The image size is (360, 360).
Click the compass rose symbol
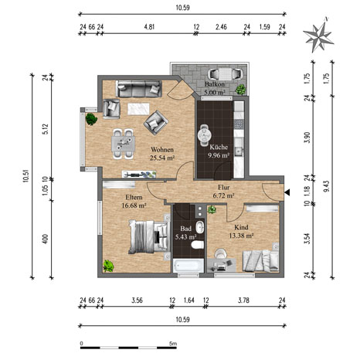coord(318,36)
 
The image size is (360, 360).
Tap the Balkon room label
coord(215,84)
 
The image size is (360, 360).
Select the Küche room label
coord(219,147)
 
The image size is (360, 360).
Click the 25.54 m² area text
coord(162,158)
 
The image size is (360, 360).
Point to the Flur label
coord(223,187)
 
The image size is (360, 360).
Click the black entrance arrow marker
coord(287,192)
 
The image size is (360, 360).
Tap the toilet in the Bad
coord(198,245)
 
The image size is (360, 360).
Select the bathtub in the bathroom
coord(188,266)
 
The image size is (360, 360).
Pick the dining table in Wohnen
coord(123,144)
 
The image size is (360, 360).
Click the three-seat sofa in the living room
coord(139,89)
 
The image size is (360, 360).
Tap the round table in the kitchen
coord(205,134)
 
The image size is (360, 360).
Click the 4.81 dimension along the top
coord(149,27)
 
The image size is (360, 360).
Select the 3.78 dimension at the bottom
coord(243,301)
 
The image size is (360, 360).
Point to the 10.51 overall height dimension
coord(25,177)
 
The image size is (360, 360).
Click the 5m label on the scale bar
coord(173,344)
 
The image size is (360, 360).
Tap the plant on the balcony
coord(240,90)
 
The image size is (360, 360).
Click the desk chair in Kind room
coord(221,253)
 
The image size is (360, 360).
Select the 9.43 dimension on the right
coord(327,186)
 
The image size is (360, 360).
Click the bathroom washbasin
coord(199,227)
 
